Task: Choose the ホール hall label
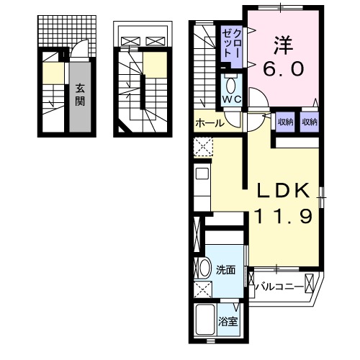tap(210, 123)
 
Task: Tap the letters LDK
tap(284, 190)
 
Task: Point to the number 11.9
tap(284, 216)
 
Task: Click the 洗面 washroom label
tap(226, 271)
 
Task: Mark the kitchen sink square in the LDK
tap(202, 174)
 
